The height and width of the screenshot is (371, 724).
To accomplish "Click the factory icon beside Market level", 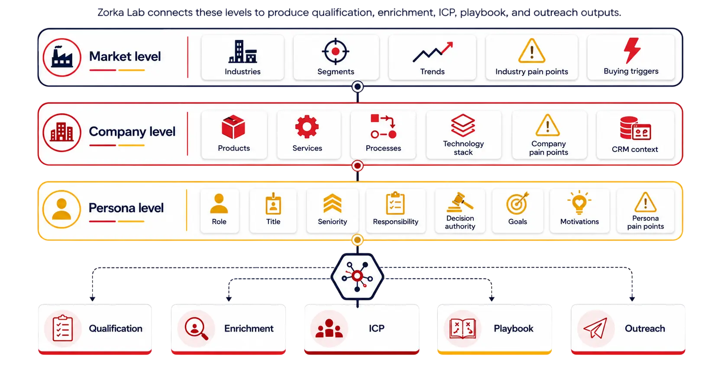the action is (62, 57).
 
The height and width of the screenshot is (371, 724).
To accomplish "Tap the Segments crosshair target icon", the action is (336, 51).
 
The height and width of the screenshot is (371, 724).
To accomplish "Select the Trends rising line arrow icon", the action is (433, 52).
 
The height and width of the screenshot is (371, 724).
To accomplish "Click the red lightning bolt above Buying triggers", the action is (632, 50).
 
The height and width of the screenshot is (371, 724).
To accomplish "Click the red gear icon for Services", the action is (307, 127).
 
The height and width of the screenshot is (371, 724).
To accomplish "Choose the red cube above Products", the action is (233, 127).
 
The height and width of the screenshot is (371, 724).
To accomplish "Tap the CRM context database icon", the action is (635, 128).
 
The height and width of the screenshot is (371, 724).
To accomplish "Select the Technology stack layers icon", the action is (463, 126).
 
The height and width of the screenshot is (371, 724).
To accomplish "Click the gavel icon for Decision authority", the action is (460, 202).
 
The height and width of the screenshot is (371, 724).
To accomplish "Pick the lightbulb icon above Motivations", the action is (579, 203).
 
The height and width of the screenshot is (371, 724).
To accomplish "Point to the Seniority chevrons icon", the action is (332, 203).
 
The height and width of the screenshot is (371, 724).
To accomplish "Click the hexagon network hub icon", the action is (357, 277).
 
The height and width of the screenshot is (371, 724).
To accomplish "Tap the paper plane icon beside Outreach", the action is (595, 328).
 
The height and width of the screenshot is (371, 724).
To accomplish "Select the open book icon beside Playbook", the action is (462, 329).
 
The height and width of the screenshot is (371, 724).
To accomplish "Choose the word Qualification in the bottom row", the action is (115, 329).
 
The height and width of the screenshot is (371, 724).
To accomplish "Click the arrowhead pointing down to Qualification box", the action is (92, 299).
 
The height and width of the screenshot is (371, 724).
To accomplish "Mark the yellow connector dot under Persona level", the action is (357, 240).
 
